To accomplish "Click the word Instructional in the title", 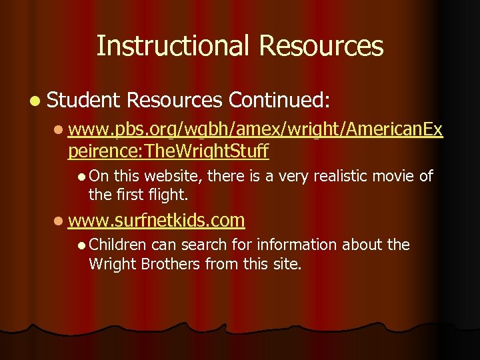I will [173, 46].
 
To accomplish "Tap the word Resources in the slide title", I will [321, 46].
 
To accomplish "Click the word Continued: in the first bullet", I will [279, 100].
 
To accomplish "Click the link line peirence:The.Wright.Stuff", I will [168, 151].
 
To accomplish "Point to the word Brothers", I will [166, 264].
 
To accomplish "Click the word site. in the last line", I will [287, 264].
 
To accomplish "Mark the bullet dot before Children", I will [81, 245].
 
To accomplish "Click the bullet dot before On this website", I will [81, 177].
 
